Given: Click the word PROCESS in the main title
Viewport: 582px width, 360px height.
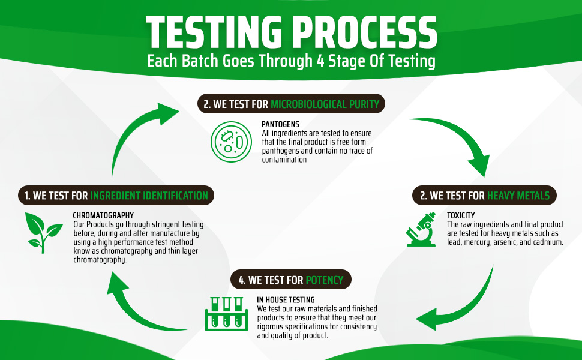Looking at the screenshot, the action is point(366,32).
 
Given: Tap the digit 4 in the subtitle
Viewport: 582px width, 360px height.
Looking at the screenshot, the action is point(320,61).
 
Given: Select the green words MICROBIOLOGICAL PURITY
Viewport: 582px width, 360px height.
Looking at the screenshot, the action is point(325,104).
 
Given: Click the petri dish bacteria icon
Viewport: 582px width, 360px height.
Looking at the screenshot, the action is point(231,142).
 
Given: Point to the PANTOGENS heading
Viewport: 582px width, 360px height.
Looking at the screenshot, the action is point(280,124).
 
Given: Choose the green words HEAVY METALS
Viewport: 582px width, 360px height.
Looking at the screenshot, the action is point(518,196).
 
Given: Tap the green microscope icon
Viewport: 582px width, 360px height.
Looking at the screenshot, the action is point(421,229).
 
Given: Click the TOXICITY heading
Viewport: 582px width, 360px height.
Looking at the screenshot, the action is point(461,215).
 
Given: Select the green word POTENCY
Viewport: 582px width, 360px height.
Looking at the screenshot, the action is point(325,280).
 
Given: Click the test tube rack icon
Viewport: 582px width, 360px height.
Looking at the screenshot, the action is point(226,314).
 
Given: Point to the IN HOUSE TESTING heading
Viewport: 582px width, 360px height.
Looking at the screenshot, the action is point(286,300).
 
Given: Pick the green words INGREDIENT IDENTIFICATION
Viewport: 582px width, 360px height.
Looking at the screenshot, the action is point(149,196).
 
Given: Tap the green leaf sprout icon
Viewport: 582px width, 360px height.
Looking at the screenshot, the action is point(43,233).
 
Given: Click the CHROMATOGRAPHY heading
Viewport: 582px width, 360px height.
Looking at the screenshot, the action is point(103,215).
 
